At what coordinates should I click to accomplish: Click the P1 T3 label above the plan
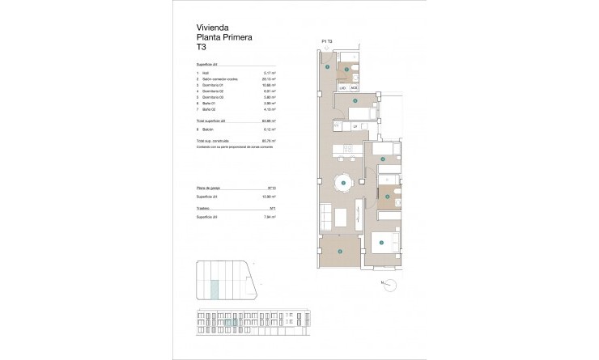point(327,41)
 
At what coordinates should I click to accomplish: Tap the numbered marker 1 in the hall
point(327,67)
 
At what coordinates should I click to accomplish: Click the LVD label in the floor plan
point(342,87)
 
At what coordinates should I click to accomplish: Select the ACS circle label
point(354,87)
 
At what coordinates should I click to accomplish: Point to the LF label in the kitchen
point(354,125)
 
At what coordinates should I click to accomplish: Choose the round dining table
point(344,184)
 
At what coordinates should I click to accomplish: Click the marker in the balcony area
point(340,252)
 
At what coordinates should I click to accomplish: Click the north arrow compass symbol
point(390,283)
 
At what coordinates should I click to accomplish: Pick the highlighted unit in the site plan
point(214,287)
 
